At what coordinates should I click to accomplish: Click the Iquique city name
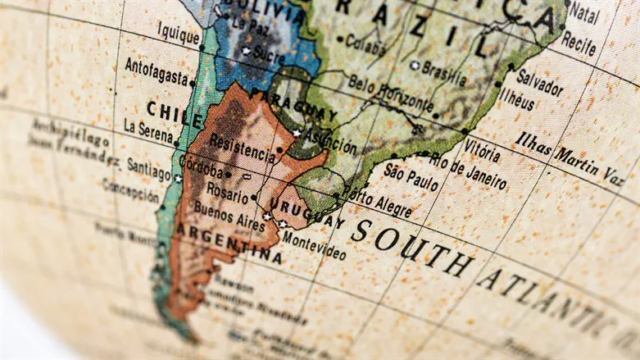[177, 36]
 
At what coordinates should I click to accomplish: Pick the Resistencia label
[242, 147]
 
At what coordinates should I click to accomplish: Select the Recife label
[579, 43]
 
